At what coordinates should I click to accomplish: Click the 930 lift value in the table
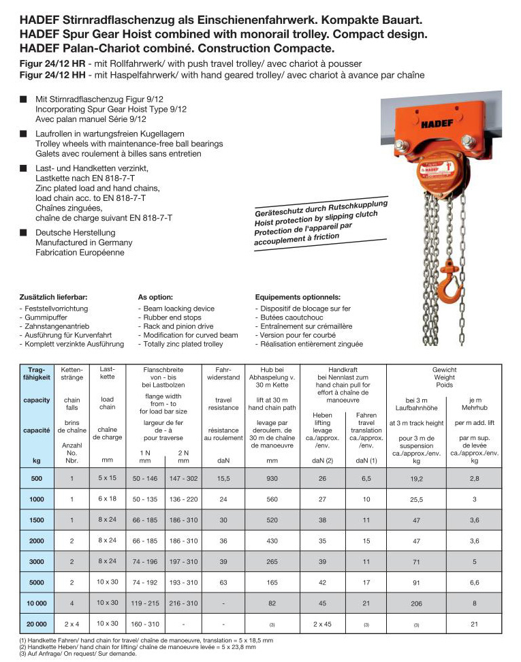272,479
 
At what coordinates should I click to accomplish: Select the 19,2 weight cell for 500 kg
416,479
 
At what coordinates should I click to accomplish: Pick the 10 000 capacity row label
36,603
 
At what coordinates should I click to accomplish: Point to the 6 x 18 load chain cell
107,499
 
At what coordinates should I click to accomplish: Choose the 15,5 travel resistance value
223,479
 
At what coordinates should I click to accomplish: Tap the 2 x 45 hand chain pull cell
322,624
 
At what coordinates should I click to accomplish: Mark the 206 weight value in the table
416,603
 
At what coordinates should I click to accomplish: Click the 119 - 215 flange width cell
145,603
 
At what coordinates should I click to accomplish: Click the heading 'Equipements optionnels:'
297,298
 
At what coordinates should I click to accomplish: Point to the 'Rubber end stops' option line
169,317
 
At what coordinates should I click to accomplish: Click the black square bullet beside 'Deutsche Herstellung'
23,232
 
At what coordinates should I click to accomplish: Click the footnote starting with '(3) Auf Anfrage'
69,654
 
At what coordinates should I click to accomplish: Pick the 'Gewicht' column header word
444,370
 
